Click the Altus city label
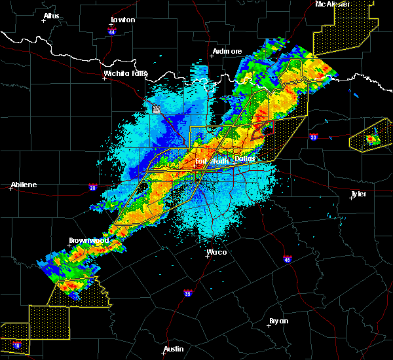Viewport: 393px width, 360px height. point(51,16)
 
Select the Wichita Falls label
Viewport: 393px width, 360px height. point(124,73)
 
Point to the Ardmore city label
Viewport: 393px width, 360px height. point(227,51)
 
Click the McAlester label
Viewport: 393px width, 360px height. point(332,4)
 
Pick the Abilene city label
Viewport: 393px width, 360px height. point(24,185)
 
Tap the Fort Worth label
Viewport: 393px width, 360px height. point(210,160)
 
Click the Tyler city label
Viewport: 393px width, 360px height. point(359,194)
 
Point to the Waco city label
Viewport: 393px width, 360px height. point(216,251)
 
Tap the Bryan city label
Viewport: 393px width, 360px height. point(279,321)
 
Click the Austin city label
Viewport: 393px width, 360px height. point(174,349)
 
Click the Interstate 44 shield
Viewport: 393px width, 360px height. point(112,31)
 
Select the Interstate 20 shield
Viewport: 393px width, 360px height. point(93,188)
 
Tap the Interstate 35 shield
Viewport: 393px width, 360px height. point(188,293)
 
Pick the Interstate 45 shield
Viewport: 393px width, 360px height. point(287,259)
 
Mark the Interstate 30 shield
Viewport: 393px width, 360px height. point(314,137)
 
